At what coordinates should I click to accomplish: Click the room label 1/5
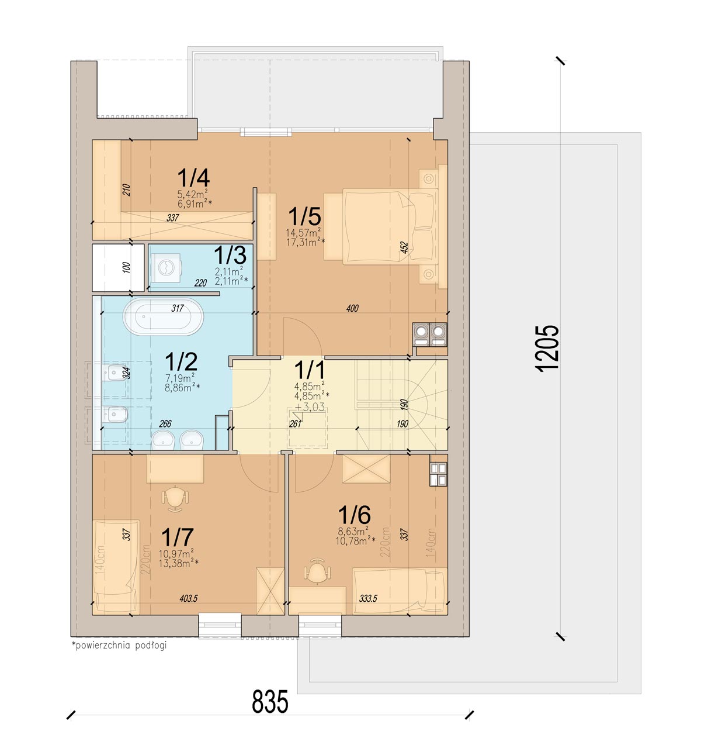pyautogui.click(x=304, y=216)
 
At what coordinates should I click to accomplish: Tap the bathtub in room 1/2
pyautogui.click(x=164, y=316)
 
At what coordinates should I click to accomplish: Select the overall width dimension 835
pyautogui.click(x=270, y=701)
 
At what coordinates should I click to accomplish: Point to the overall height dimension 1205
pyautogui.click(x=547, y=348)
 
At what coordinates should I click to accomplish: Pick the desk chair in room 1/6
pyautogui.click(x=317, y=570)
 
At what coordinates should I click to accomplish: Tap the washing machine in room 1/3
pyautogui.click(x=166, y=268)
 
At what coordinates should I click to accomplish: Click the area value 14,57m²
pyautogui.click(x=303, y=232)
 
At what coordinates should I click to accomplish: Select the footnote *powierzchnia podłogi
pyautogui.click(x=119, y=645)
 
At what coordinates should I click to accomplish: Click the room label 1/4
pyautogui.click(x=194, y=178)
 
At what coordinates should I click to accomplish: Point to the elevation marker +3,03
pyautogui.click(x=310, y=407)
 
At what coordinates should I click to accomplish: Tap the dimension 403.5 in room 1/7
pyautogui.click(x=189, y=598)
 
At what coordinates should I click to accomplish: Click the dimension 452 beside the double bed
pyautogui.click(x=404, y=247)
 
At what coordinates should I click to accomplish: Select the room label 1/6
pyautogui.click(x=355, y=515)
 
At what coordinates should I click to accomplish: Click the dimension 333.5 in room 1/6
pyautogui.click(x=368, y=598)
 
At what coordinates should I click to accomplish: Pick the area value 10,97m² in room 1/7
pyautogui.click(x=176, y=553)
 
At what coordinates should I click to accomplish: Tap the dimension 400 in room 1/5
pyautogui.click(x=352, y=308)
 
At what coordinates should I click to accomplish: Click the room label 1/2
pyautogui.click(x=181, y=361)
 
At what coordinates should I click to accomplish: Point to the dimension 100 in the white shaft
pyautogui.click(x=126, y=267)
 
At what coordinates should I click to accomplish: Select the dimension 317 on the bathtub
pyautogui.click(x=178, y=308)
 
